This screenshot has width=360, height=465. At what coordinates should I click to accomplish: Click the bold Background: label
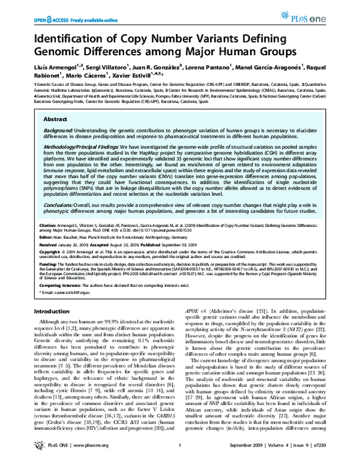[58, 130]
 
